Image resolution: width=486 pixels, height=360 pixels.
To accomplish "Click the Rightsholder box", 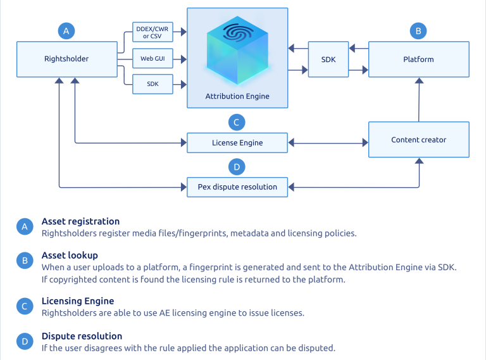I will pos(66,59).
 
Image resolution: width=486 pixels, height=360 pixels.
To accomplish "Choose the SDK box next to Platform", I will pos(328,59).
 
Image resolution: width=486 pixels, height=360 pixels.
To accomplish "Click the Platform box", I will pos(418,59).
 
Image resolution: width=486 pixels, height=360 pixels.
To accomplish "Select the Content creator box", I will pos(418,140).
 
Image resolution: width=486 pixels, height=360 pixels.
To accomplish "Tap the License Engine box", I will pos(237,143).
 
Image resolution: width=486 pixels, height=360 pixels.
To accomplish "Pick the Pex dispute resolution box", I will pos(237,187).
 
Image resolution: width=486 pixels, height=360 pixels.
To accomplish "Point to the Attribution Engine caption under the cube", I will pos(237,96).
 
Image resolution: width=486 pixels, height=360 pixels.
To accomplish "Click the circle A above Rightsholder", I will pos(66,30).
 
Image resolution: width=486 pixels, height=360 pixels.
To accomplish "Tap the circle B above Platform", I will pos(418,30).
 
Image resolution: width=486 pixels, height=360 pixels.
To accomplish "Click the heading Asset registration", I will pos(80,221).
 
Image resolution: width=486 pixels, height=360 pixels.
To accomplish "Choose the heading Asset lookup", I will pos(70,255).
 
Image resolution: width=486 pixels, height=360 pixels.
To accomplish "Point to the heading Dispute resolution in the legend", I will pos(82,336).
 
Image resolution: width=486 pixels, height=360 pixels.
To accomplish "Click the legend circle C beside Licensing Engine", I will pos(25,307).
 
